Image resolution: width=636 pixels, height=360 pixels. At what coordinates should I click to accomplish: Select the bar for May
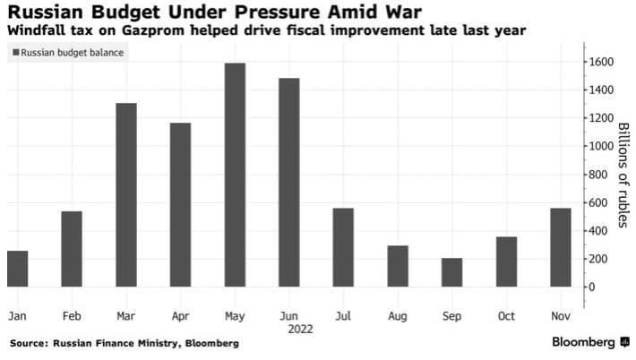(235, 175)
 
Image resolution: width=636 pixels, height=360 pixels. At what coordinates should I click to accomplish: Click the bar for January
(17, 269)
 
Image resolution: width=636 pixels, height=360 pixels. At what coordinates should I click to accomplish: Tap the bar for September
(452, 272)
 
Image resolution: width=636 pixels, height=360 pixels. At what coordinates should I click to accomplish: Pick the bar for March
(126, 194)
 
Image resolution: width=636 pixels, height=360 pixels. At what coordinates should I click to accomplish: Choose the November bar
(561, 247)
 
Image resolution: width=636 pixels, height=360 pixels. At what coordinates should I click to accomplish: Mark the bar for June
(288, 182)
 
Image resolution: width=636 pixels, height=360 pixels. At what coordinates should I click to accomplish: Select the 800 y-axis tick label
(597, 174)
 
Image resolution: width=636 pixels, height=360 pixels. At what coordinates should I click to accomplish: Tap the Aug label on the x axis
(398, 316)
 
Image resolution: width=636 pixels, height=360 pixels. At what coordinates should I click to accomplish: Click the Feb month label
(72, 316)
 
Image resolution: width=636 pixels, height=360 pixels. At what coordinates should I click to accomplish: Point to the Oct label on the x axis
(506, 316)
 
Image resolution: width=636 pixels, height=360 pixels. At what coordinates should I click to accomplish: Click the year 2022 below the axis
(288, 329)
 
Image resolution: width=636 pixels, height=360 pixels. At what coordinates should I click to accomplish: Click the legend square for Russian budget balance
(15, 53)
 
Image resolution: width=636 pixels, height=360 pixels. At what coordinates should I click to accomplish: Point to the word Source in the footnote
(30, 342)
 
